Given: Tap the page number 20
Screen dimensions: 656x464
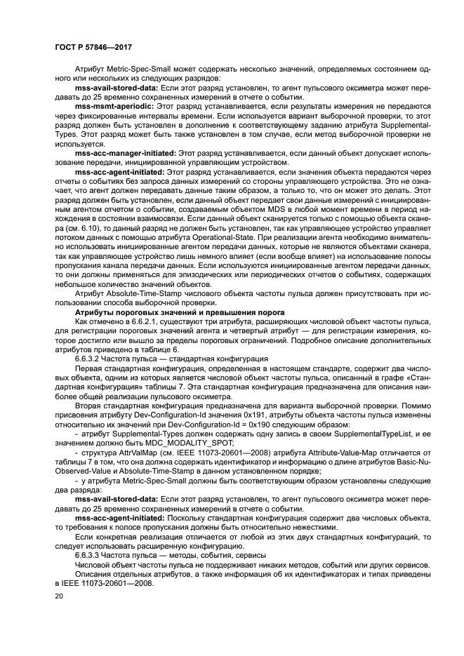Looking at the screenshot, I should (x=59, y=595).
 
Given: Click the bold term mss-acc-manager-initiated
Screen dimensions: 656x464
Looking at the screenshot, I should (x=126, y=152).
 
